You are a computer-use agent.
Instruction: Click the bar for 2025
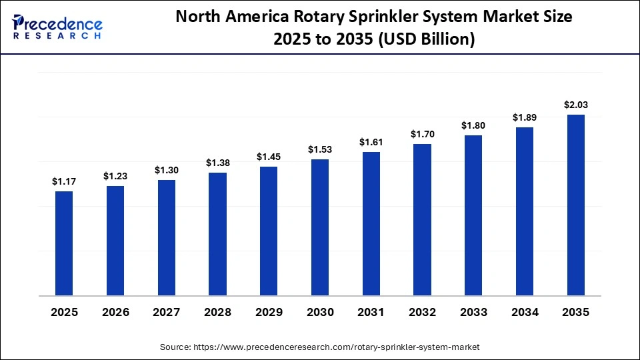click(x=64, y=243)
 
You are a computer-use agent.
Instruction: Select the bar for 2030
click(x=320, y=227)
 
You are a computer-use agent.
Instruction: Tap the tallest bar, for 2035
click(x=575, y=205)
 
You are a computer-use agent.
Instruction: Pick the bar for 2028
click(x=217, y=234)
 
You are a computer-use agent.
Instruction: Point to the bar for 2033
click(x=473, y=215)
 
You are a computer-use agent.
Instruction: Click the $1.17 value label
click(x=64, y=181)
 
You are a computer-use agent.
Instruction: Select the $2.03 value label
click(x=575, y=105)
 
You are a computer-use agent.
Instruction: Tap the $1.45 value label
click(x=269, y=157)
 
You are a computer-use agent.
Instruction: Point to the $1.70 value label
click(x=422, y=134)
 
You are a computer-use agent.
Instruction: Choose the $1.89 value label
click(x=525, y=117)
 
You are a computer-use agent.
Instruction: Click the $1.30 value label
click(x=167, y=170)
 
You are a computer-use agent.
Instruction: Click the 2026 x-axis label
click(x=115, y=312)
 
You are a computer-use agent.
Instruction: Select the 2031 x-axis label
click(x=371, y=312)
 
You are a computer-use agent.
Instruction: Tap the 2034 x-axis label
click(x=525, y=312)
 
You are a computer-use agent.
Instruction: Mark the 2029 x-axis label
click(x=269, y=312)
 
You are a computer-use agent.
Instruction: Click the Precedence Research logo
click(x=57, y=27)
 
